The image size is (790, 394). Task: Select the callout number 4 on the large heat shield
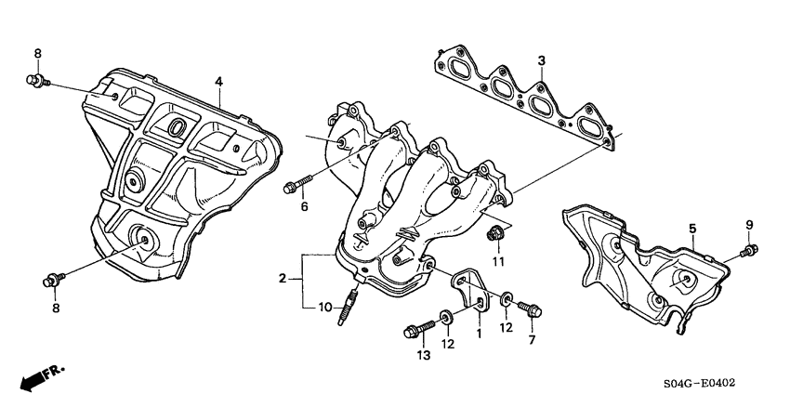coord(219,82)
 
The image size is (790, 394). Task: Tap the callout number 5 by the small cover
coord(691,228)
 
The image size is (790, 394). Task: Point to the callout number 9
coord(749,225)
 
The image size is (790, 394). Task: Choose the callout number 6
coord(303,206)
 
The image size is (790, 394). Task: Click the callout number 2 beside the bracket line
coord(282,278)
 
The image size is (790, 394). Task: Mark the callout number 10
coord(324,308)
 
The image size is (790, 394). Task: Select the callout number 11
coord(498,262)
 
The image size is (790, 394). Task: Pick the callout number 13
coord(424,356)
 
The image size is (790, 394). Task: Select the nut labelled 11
coord(497,233)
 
